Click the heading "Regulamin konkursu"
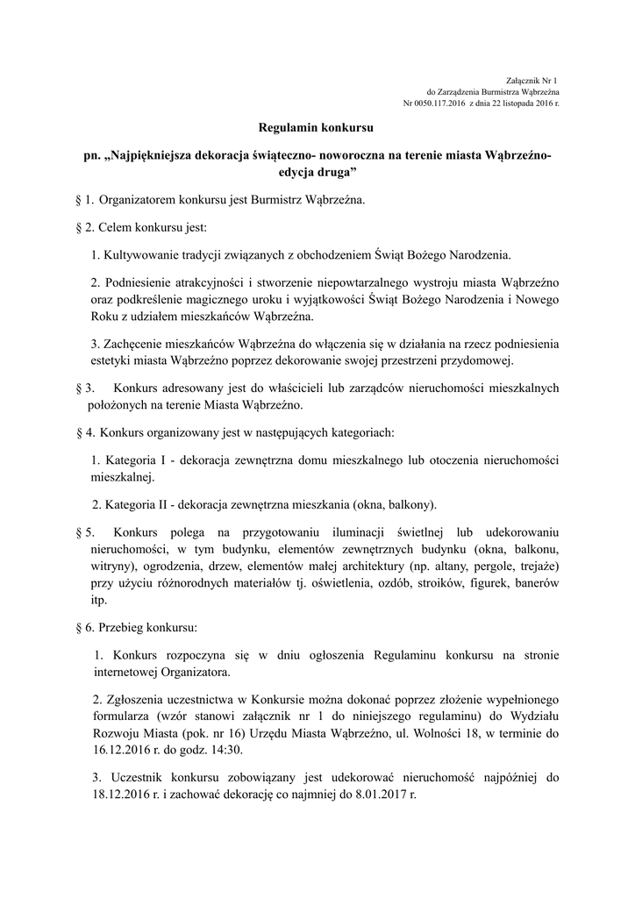tap(316, 129)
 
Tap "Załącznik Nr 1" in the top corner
tap(532, 81)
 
